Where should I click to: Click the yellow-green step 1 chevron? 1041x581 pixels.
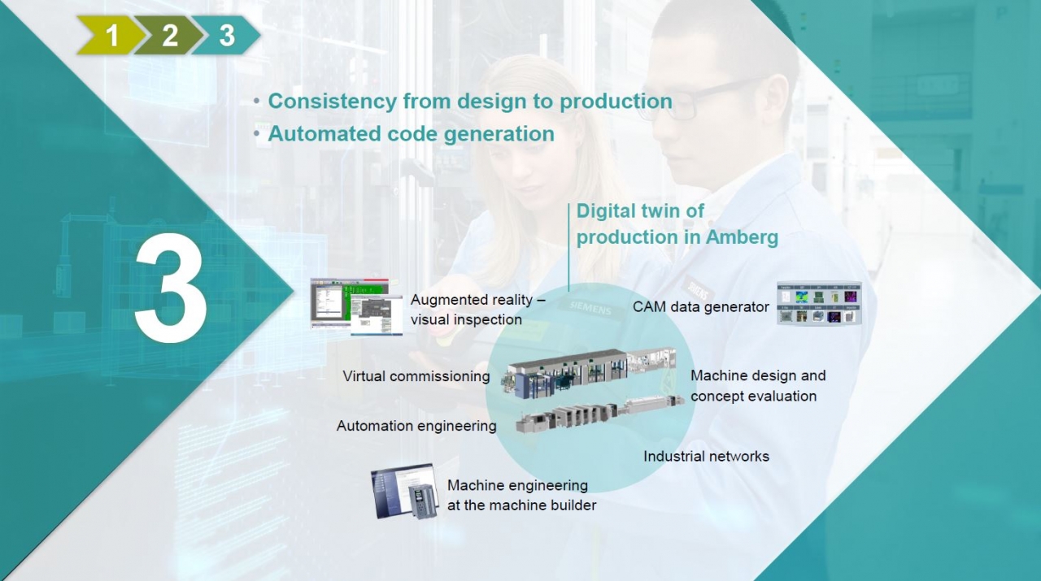(x=109, y=35)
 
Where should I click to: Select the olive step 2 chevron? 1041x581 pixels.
(x=168, y=35)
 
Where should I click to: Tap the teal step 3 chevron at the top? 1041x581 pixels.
(x=226, y=35)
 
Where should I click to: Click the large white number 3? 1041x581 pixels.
(x=171, y=288)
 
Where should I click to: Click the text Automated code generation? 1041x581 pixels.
(x=411, y=134)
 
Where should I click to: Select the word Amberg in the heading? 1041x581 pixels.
(x=742, y=236)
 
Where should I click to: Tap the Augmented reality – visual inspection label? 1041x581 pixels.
(x=477, y=310)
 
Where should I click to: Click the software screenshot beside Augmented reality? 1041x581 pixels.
(x=356, y=306)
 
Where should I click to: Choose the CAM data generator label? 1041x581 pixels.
(x=701, y=306)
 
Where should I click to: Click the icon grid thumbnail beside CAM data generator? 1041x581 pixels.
(x=819, y=303)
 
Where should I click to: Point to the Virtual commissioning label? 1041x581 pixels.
(x=416, y=376)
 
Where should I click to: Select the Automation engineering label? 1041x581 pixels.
(x=416, y=426)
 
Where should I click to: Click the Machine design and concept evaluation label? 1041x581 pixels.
(x=758, y=385)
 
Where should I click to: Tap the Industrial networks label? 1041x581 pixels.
(x=707, y=457)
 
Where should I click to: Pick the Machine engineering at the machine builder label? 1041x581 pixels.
(x=521, y=495)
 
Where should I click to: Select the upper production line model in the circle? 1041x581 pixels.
(x=588, y=372)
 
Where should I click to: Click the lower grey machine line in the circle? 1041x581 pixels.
(x=599, y=414)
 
